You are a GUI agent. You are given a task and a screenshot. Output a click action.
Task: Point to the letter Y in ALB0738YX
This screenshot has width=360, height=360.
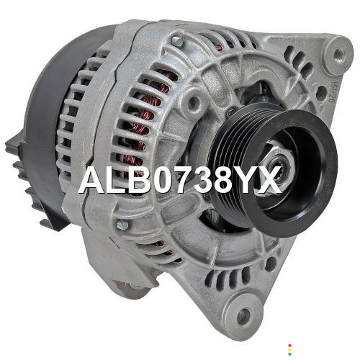(x=246, y=179)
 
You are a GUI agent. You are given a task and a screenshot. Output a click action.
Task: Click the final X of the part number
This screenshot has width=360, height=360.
(x=269, y=179)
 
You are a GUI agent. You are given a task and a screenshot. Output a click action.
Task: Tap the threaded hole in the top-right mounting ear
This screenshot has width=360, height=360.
(x=338, y=54)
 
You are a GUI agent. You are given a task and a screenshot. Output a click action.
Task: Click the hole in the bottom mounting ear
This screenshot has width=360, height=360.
(x=243, y=315)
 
